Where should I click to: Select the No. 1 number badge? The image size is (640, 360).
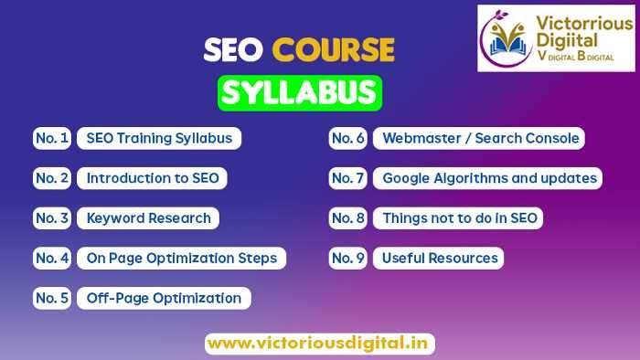pos(52,139)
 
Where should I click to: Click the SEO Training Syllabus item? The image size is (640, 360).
pos(159,139)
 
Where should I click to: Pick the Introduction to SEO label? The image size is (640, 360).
pos(152,178)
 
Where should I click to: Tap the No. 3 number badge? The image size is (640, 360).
pos(52,218)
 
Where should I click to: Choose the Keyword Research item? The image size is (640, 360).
pos(148,218)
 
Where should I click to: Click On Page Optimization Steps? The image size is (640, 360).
pos(181,259)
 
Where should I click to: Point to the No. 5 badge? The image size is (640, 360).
pos(52,298)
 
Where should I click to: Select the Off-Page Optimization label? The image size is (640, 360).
pos(164,298)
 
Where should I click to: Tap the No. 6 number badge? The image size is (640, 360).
pos(347,139)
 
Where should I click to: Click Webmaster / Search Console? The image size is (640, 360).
pos(480,139)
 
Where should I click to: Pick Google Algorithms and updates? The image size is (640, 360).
pos(487,178)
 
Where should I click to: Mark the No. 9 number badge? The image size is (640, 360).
pos(347,259)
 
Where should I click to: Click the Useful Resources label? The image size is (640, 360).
pos(440,259)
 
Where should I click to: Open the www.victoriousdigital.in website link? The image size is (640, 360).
pos(319,344)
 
